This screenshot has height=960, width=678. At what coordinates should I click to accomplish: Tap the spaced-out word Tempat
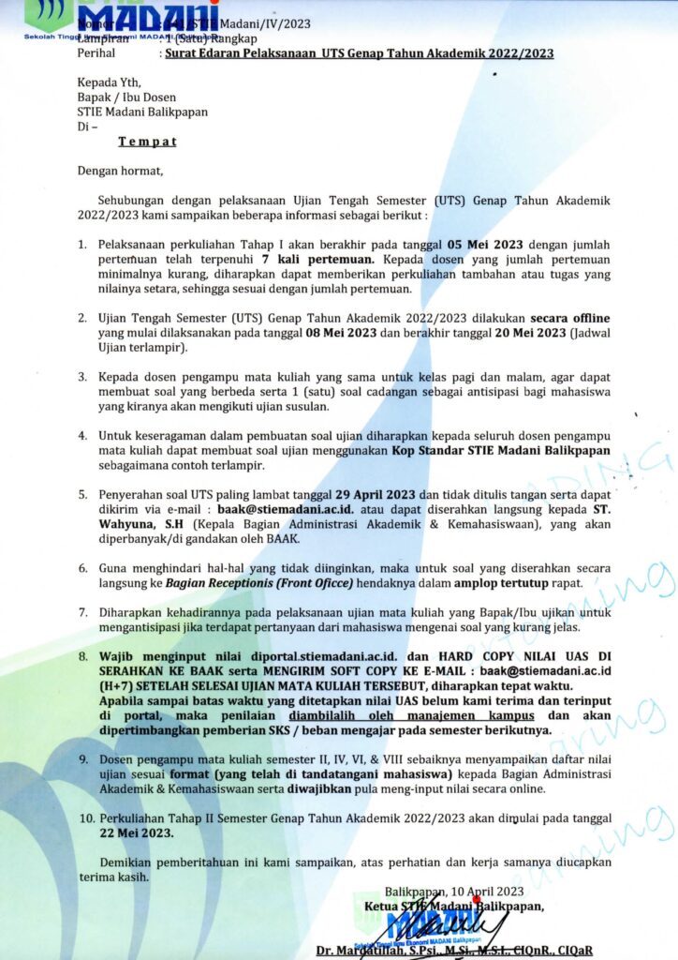point(147,142)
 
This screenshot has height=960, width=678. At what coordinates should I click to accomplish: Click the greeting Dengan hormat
point(120,171)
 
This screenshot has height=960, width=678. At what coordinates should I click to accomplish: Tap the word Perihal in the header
point(98,53)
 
